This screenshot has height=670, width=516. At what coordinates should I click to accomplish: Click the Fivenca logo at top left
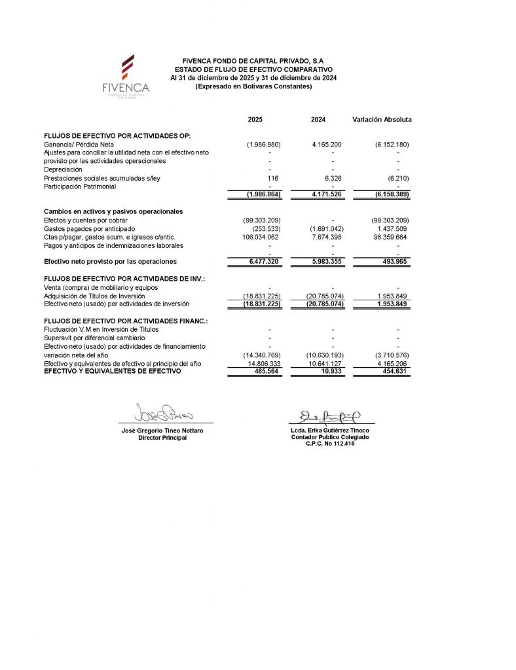pos(126,76)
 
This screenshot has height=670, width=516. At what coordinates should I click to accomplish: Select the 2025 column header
pos(255,120)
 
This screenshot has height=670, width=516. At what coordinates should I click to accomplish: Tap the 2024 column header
pos(318,120)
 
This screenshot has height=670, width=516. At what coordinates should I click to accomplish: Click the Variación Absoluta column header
pos(382,120)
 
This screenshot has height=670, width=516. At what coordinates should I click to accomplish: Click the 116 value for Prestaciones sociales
pos(274,178)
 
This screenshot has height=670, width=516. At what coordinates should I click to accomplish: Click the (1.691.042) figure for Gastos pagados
pos(326,228)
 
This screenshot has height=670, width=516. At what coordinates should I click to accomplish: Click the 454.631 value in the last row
pos(394,371)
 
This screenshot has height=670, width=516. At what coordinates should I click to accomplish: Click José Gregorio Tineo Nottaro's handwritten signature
pos(161,412)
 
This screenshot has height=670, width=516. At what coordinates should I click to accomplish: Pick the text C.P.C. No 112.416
pos(330,444)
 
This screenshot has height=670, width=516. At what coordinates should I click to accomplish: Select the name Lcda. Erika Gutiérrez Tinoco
pos(330,431)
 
